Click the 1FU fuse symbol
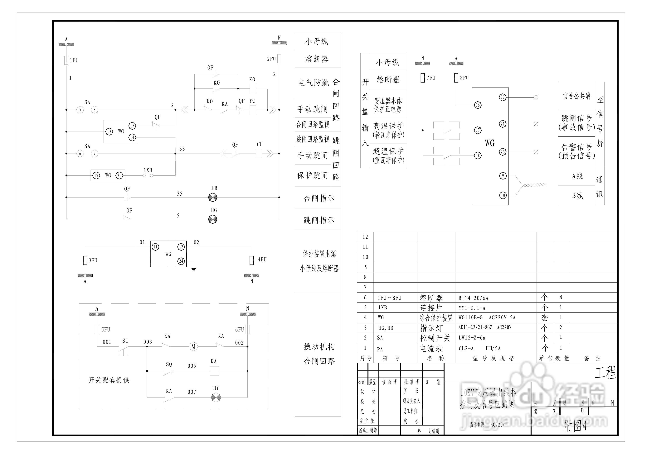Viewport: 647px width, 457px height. [x=66, y=60]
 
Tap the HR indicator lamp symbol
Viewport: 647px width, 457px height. [x=213, y=197]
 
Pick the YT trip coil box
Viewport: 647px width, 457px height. [x=259, y=154]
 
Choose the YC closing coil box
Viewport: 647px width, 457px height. [x=253, y=110]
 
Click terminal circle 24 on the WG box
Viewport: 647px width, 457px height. [x=181, y=261]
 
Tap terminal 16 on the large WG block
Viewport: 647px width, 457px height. [x=478, y=105]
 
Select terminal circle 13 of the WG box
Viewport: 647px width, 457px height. [x=109, y=131]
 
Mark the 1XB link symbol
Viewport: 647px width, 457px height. [x=148, y=175]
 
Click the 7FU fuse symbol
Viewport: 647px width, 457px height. [x=422, y=78]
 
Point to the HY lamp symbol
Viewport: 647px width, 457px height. [x=216, y=397]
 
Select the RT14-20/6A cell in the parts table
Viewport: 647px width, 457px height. [x=473, y=298]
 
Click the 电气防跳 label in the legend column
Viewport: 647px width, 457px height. [x=313, y=83]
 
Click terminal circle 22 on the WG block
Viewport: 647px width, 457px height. [x=503, y=98]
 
